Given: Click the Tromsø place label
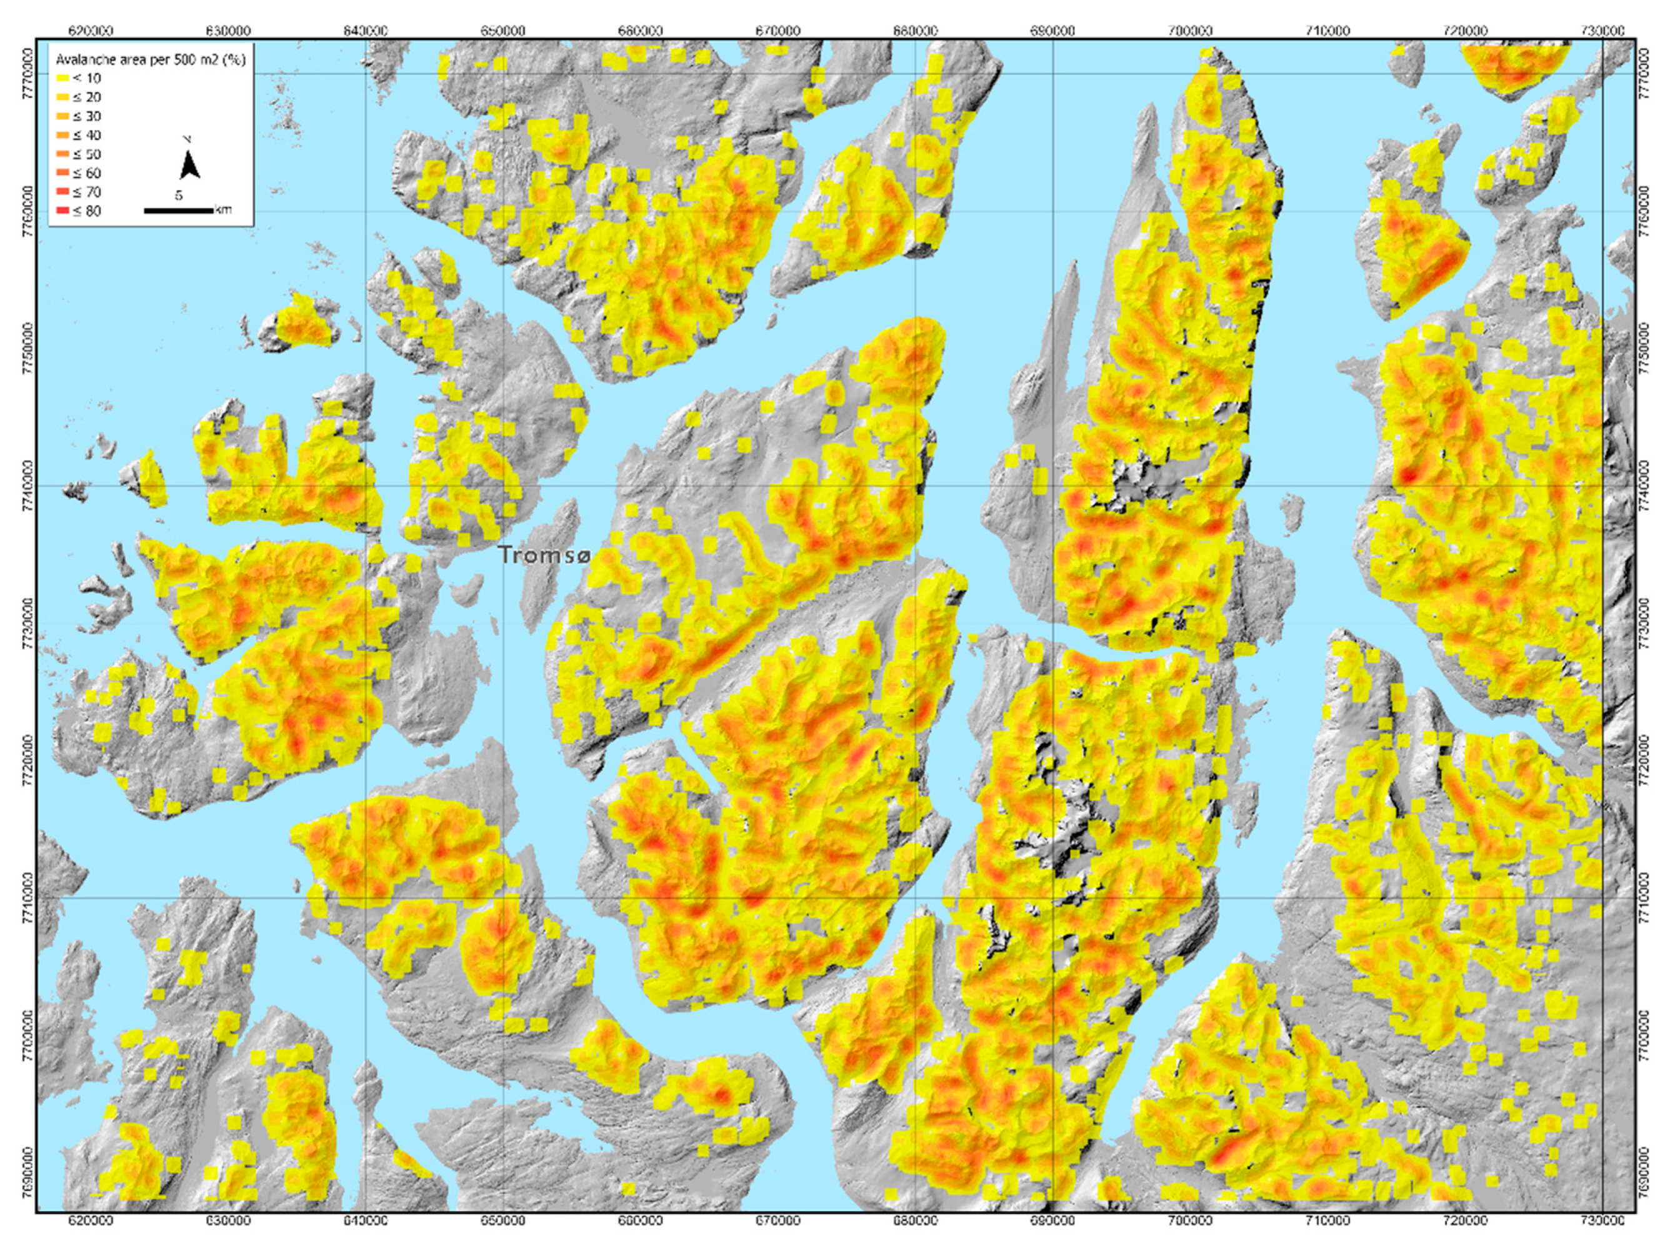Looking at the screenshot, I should [544, 555].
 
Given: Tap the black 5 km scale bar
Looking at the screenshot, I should [179, 210].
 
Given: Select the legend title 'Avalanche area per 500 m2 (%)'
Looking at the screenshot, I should [151, 59].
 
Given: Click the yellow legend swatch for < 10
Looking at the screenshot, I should [62, 78].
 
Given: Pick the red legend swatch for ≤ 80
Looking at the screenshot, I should [62, 211].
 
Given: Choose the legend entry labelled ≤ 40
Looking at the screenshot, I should [87, 136].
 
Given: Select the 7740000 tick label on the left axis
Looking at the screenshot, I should [27, 486].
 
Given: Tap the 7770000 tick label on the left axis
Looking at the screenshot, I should [27, 74].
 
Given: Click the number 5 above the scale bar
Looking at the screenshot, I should [179, 196].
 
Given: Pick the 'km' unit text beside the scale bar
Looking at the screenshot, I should [223, 210].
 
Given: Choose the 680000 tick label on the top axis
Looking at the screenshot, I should [916, 31].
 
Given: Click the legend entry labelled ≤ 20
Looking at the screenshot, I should [87, 97].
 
